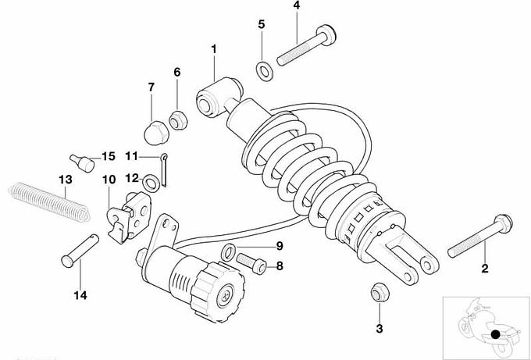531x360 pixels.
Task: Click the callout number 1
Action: click(212, 48)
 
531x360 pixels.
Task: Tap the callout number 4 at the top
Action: click(297, 6)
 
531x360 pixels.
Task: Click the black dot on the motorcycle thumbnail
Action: click(494, 337)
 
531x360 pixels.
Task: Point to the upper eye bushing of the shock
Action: click(209, 98)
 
